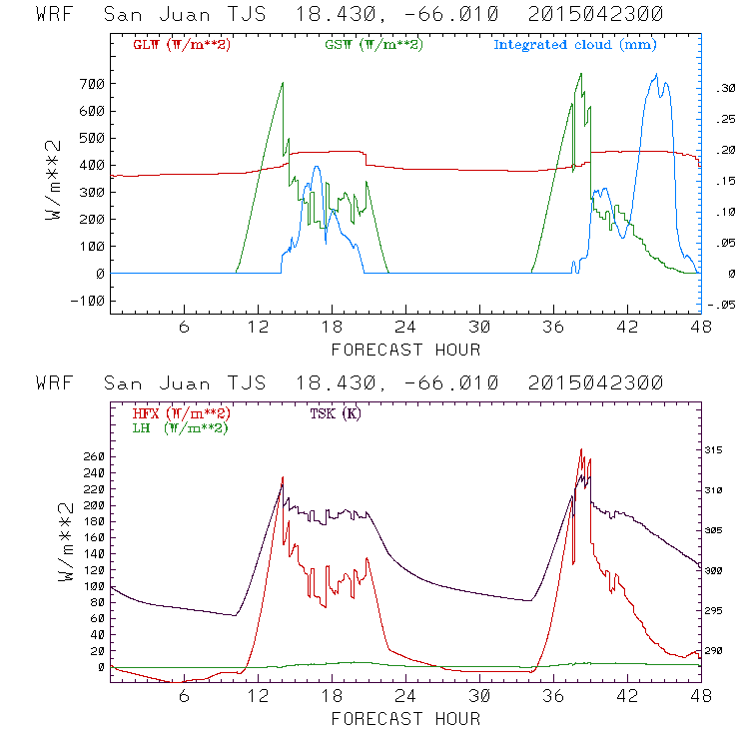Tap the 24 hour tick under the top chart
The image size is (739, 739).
(405, 328)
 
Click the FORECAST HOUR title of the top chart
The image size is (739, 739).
(405, 350)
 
